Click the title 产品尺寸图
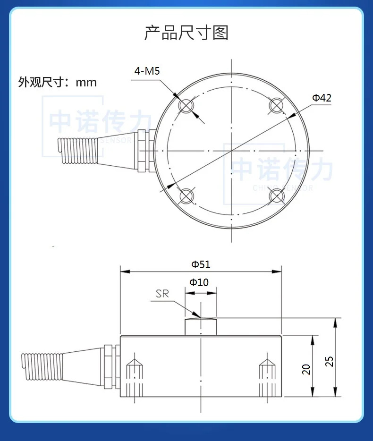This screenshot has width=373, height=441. [186, 33]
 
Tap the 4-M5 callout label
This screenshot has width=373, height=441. [147, 71]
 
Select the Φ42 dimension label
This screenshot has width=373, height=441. [322, 98]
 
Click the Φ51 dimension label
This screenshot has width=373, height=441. [201, 264]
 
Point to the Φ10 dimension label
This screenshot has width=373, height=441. [199, 282]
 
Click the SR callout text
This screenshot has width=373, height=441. [162, 294]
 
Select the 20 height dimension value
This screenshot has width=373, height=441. [306, 369]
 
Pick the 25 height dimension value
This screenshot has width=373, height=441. [330, 361]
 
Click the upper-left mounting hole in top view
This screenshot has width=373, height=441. [186, 106]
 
